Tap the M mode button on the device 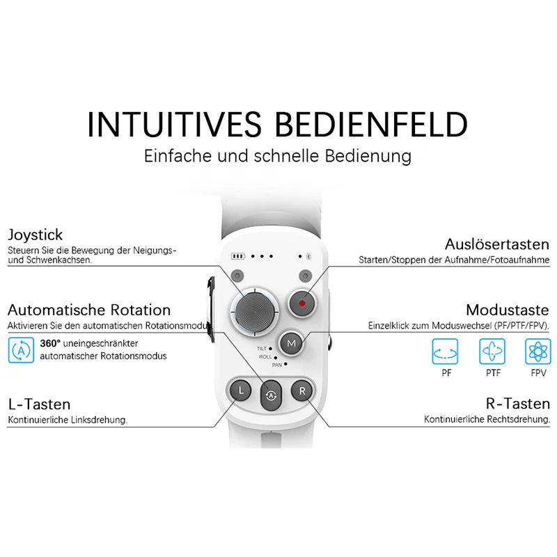tap(292, 343)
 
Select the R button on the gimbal tap(302, 391)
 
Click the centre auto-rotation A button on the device tap(272, 395)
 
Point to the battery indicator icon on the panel tap(240, 256)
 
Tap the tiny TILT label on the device tap(262, 348)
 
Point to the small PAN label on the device tap(276, 364)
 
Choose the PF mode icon tap(446, 352)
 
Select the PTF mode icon tap(493, 352)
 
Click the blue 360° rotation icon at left tap(22, 350)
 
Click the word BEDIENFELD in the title tap(372, 125)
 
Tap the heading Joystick tap(35, 235)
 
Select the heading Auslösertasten tap(497, 244)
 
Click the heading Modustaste tap(508, 310)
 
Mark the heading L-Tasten tap(39, 405)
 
